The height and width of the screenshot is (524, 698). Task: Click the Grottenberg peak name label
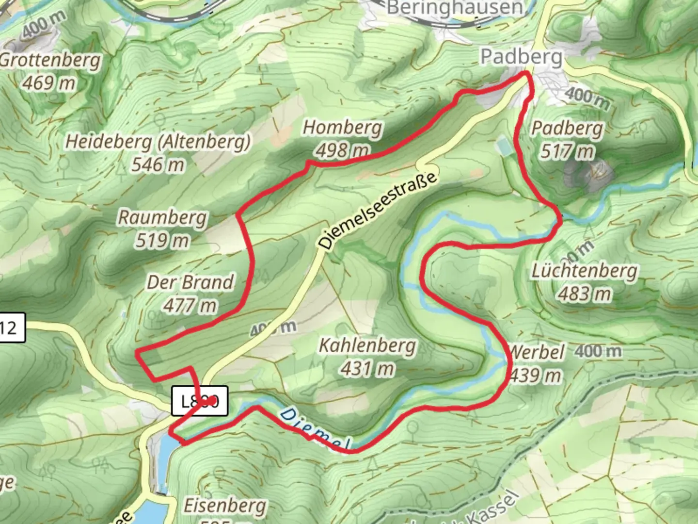click(50, 61)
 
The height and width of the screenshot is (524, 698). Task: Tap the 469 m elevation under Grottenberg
click(49, 83)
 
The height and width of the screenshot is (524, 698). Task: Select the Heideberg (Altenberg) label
click(158, 142)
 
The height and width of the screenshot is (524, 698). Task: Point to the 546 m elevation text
click(158, 165)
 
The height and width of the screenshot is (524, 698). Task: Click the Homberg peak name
click(343, 128)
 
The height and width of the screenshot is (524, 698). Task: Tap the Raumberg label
click(162, 217)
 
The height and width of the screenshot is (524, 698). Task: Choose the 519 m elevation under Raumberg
click(162, 240)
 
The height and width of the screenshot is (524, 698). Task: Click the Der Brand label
click(190, 282)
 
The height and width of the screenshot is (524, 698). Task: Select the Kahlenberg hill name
click(367, 345)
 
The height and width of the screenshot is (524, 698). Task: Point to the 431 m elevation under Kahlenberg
click(367, 369)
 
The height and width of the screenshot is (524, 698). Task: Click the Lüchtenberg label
click(584, 271)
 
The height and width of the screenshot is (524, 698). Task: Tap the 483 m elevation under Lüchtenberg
click(585, 294)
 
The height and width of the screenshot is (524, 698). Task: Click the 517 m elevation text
click(567, 152)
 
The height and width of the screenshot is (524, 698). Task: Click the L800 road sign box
click(200, 401)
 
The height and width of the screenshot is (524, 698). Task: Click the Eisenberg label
click(225, 506)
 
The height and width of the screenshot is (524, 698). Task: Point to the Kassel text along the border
click(492, 507)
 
